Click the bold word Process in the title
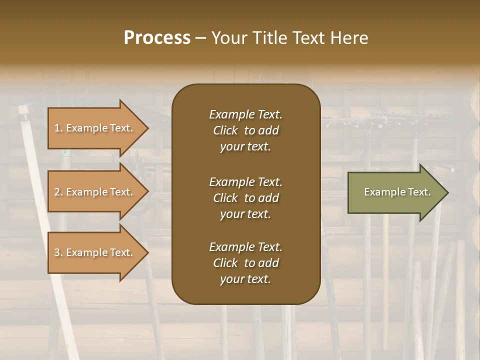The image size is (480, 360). (157, 38)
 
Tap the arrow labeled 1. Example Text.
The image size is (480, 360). (95, 128)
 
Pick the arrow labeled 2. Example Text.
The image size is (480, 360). (95, 192)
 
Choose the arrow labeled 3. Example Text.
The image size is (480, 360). (95, 252)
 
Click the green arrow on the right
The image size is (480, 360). (395, 192)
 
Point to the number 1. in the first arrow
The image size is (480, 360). (58, 128)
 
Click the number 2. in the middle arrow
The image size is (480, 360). (58, 192)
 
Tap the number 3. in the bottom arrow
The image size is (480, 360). (58, 252)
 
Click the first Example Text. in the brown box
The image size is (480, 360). (245, 114)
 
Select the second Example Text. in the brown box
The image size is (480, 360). (245, 181)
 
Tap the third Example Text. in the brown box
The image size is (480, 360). (245, 247)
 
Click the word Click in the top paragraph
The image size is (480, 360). (225, 130)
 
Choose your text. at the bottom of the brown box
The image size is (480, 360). (245, 279)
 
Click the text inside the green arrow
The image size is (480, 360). (397, 192)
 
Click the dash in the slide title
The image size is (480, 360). (200, 38)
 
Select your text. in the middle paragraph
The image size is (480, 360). (245, 214)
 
